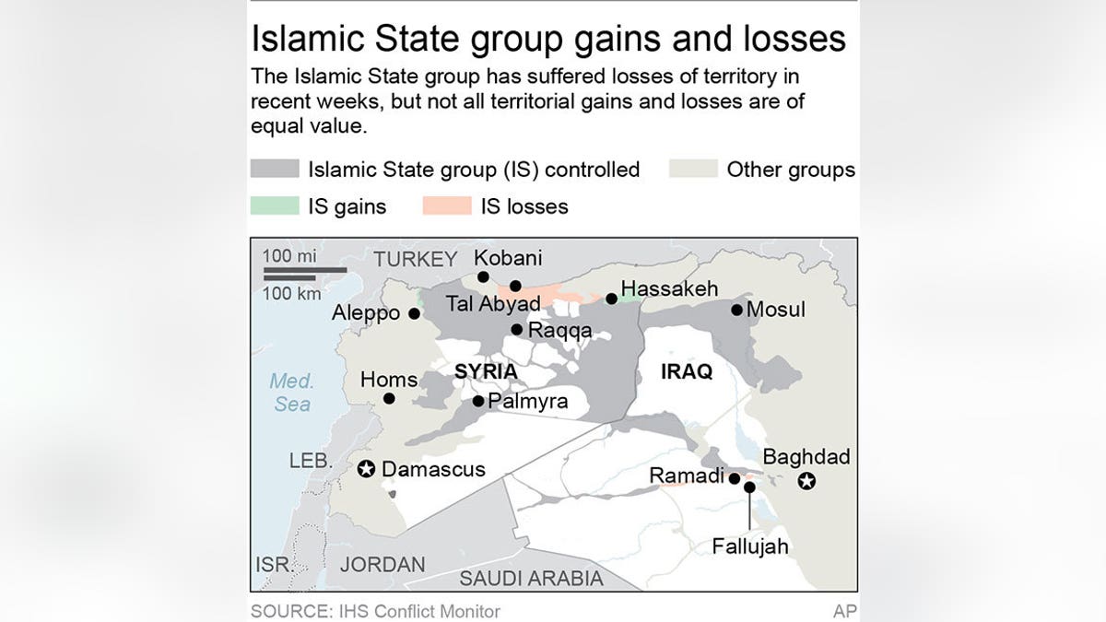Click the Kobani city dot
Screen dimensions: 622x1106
click(x=482, y=276)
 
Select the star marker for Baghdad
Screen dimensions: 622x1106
click(x=807, y=480)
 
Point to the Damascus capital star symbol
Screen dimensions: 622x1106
click(x=366, y=470)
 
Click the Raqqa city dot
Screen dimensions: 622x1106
click(x=517, y=330)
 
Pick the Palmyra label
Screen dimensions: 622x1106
click(x=528, y=401)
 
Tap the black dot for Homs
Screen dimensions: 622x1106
click(x=389, y=398)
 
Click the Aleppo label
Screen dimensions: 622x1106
click(x=366, y=313)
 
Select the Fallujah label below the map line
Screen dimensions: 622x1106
click(x=750, y=546)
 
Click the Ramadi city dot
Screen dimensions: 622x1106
click(x=734, y=478)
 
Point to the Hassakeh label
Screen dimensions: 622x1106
click(x=669, y=288)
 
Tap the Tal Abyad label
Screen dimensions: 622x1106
click(x=492, y=303)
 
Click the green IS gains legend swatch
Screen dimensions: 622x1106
click(x=275, y=206)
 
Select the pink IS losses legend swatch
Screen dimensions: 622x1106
click(x=447, y=206)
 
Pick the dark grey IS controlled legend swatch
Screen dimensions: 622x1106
click(x=275, y=170)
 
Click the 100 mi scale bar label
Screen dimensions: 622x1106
click(x=289, y=256)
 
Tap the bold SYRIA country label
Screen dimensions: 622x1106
click(x=486, y=371)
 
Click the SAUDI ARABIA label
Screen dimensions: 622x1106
click(x=531, y=579)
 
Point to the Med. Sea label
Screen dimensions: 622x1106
click(x=292, y=393)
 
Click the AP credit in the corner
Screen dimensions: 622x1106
click(x=844, y=611)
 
